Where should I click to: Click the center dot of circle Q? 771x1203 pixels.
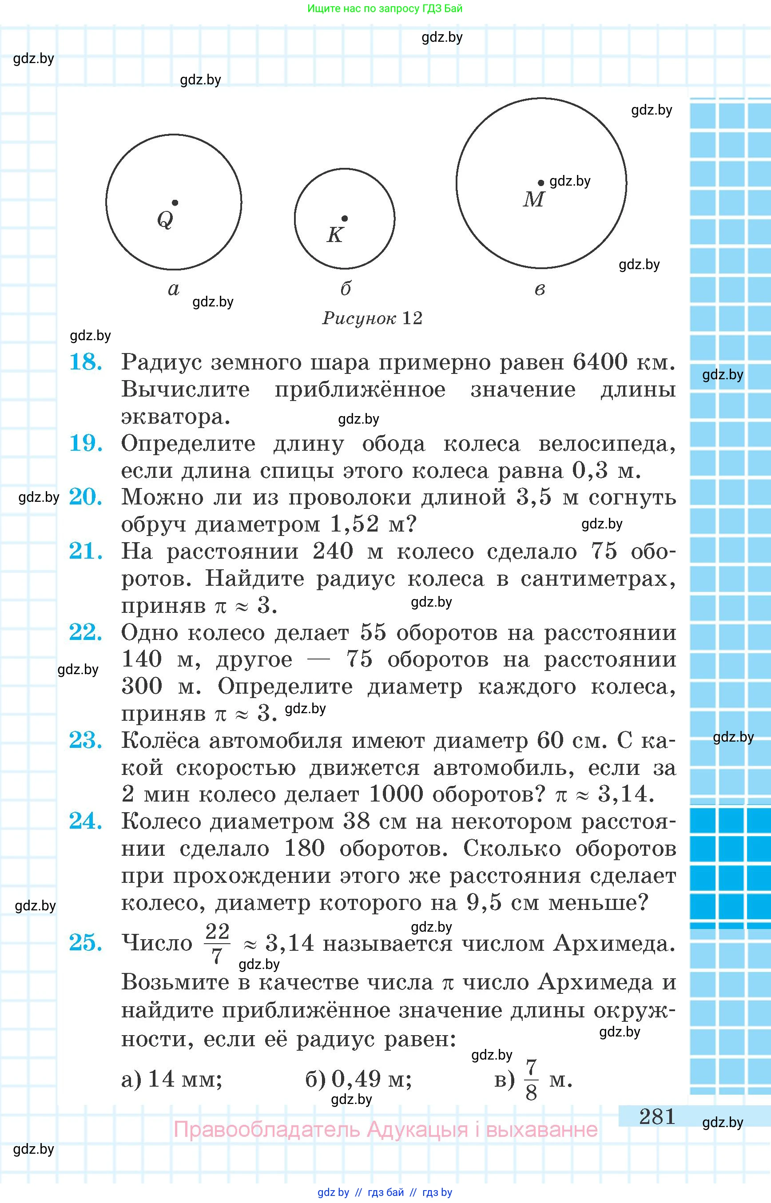click(x=175, y=203)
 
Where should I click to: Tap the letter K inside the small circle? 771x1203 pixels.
click(x=334, y=235)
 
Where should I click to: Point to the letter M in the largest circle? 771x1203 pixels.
click(x=533, y=200)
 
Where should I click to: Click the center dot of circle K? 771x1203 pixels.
click(x=345, y=219)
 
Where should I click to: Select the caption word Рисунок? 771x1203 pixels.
click(x=359, y=318)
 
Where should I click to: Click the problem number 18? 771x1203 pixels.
click(x=86, y=362)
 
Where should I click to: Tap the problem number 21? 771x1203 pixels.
click(x=86, y=551)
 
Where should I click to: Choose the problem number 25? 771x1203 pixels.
click(x=86, y=943)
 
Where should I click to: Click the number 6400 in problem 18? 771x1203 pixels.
click(x=600, y=362)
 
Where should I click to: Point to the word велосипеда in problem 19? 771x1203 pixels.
click(x=607, y=444)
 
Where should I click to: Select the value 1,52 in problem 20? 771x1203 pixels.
click(x=354, y=524)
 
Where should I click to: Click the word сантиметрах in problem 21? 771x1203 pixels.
click(x=598, y=579)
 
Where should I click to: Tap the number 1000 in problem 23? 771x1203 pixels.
click(x=396, y=794)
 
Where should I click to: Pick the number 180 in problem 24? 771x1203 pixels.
click(x=304, y=849)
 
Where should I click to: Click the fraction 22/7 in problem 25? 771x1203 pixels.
click(x=217, y=944)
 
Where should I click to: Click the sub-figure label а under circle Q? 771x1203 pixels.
click(x=173, y=289)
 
